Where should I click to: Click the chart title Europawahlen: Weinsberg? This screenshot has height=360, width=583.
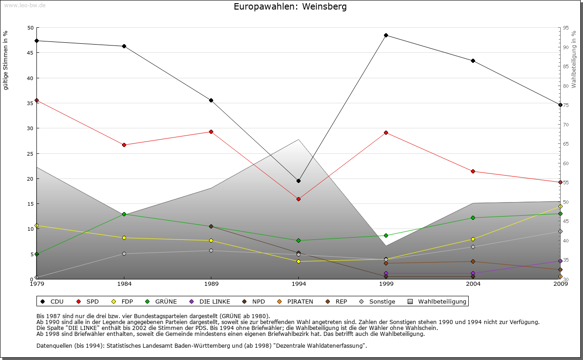[290, 7]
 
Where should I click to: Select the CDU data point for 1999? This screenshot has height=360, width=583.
[386, 35]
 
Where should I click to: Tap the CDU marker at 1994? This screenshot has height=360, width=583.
[298, 181]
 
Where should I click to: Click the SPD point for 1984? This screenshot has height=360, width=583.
[124, 145]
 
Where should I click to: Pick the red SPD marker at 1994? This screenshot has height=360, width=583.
[298, 199]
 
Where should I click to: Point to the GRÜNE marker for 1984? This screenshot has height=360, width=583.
[124, 214]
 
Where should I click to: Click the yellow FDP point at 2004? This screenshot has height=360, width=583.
[473, 239]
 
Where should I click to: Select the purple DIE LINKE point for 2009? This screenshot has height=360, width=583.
[560, 261]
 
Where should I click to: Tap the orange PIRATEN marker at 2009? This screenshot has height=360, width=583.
[560, 276]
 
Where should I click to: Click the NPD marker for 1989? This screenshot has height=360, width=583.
[211, 226]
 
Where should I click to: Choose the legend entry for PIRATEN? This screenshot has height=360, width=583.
[296, 301]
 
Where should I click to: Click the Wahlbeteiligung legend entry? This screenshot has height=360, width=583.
[438, 301]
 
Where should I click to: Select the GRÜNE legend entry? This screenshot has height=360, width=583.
[162, 301]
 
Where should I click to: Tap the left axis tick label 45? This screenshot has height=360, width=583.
[31, 53]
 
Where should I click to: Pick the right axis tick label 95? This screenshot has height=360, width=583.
[566, 28]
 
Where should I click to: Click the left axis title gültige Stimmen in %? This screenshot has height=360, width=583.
[6, 61]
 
